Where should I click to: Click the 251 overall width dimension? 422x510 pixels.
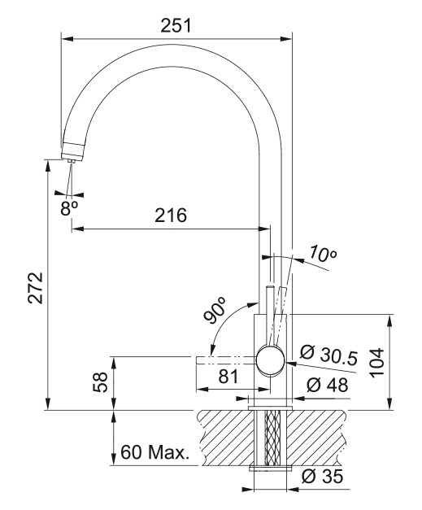click(x=176, y=26)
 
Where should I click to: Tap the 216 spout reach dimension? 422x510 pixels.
click(x=171, y=215)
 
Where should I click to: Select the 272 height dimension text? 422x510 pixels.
click(x=36, y=287)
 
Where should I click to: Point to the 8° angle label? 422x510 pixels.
click(x=69, y=208)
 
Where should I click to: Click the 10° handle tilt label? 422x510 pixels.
click(x=322, y=254)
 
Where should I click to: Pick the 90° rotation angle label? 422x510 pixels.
click(x=215, y=310)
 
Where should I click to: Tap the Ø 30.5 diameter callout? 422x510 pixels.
click(x=328, y=355)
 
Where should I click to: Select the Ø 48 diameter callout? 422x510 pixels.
click(x=328, y=385)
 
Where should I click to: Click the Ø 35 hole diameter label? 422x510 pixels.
click(x=322, y=476)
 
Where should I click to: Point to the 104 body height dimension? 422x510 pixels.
click(x=377, y=362)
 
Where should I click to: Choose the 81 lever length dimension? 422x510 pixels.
click(x=228, y=377)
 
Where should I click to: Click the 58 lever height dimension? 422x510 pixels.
click(x=101, y=382)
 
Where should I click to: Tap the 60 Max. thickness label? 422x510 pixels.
click(x=154, y=451)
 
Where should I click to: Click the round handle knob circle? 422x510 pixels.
click(x=270, y=360)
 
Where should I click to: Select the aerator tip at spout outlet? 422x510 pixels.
click(x=72, y=161)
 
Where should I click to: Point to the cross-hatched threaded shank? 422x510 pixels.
click(x=272, y=438)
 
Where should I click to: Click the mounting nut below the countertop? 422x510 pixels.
click(x=271, y=469)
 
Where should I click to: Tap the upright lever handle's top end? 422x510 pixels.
click(x=270, y=286)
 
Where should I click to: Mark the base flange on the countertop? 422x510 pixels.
click(x=270, y=408)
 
